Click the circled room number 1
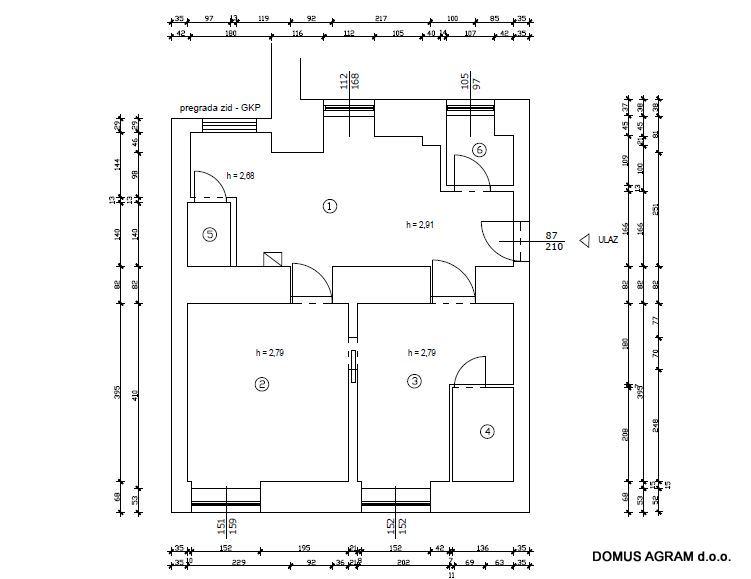[x=329, y=206]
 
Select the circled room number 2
[x=261, y=383]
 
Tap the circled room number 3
[x=413, y=381]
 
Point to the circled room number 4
[x=487, y=432]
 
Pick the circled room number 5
[x=209, y=235]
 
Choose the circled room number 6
[x=479, y=150]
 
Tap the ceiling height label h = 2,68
[x=241, y=175]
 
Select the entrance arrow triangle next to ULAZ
[x=582, y=240]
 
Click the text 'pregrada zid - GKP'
[x=220, y=107]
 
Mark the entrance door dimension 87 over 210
[x=551, y=241]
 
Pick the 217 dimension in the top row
[x=381, y=18]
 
